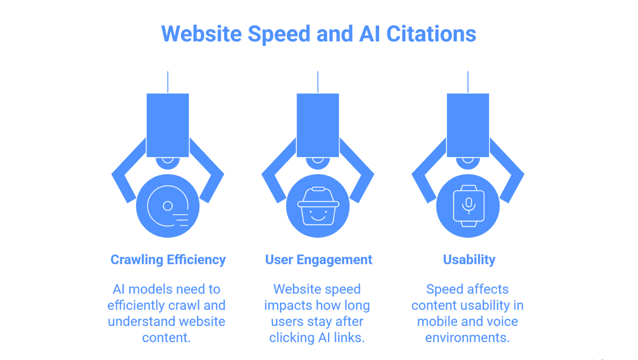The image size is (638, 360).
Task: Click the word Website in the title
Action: click(202, 34)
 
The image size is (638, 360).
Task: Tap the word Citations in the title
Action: click(431, 34)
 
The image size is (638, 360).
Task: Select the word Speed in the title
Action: click(279, 34)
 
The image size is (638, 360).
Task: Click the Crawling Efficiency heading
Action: click(168, 260)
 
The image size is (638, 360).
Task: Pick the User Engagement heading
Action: click(319, 260)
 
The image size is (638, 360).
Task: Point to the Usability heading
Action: click(469, 260)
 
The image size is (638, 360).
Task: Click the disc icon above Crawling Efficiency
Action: click(168, 206)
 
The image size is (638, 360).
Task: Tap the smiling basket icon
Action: click(318, 206)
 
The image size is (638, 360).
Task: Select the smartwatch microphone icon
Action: click(469, 206)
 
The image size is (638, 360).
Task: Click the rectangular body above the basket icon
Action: click(318, 125)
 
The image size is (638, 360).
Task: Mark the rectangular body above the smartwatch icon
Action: click(468, 125)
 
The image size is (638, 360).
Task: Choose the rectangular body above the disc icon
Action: click(168, 125)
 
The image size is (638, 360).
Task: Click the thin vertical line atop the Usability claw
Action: click(468, 82)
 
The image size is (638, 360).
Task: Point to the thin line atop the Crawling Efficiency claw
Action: click(168, 82)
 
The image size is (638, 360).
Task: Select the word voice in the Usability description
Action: click(502, 322)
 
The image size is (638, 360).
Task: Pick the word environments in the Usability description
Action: click(467, 338)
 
